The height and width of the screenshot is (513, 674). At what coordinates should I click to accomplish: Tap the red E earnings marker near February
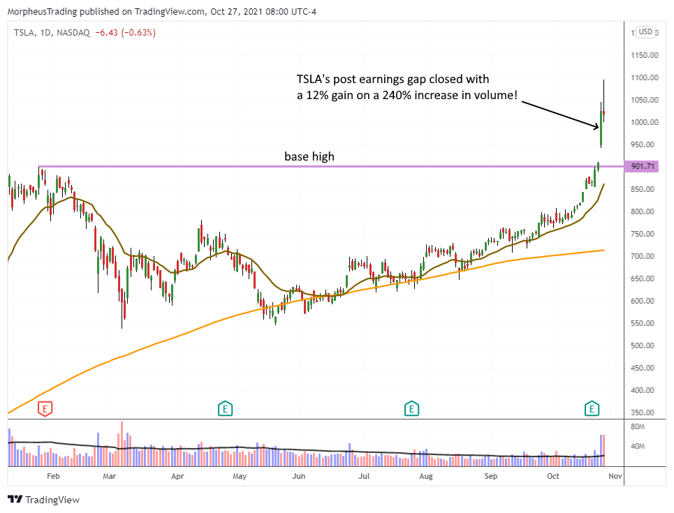coord(45,408)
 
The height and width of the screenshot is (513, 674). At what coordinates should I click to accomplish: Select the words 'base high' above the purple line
coord(309,156)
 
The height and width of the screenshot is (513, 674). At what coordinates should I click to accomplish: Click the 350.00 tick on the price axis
coord(643,412)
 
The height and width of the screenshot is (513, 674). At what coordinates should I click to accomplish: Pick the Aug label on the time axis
coord(426,477)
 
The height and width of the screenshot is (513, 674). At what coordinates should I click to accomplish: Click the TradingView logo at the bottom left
coord(43,500)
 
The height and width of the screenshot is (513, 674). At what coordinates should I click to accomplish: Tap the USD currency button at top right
coord(645,31)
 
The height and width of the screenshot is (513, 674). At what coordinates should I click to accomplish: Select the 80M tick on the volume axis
coord(638,426)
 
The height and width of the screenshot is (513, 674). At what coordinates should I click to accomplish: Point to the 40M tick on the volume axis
coord(638,446)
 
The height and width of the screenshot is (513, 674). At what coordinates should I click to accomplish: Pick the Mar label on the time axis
coord(109,477)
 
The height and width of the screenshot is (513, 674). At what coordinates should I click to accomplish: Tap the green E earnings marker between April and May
coord(225,408)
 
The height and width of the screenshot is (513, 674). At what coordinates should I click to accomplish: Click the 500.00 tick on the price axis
coord(643,345)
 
